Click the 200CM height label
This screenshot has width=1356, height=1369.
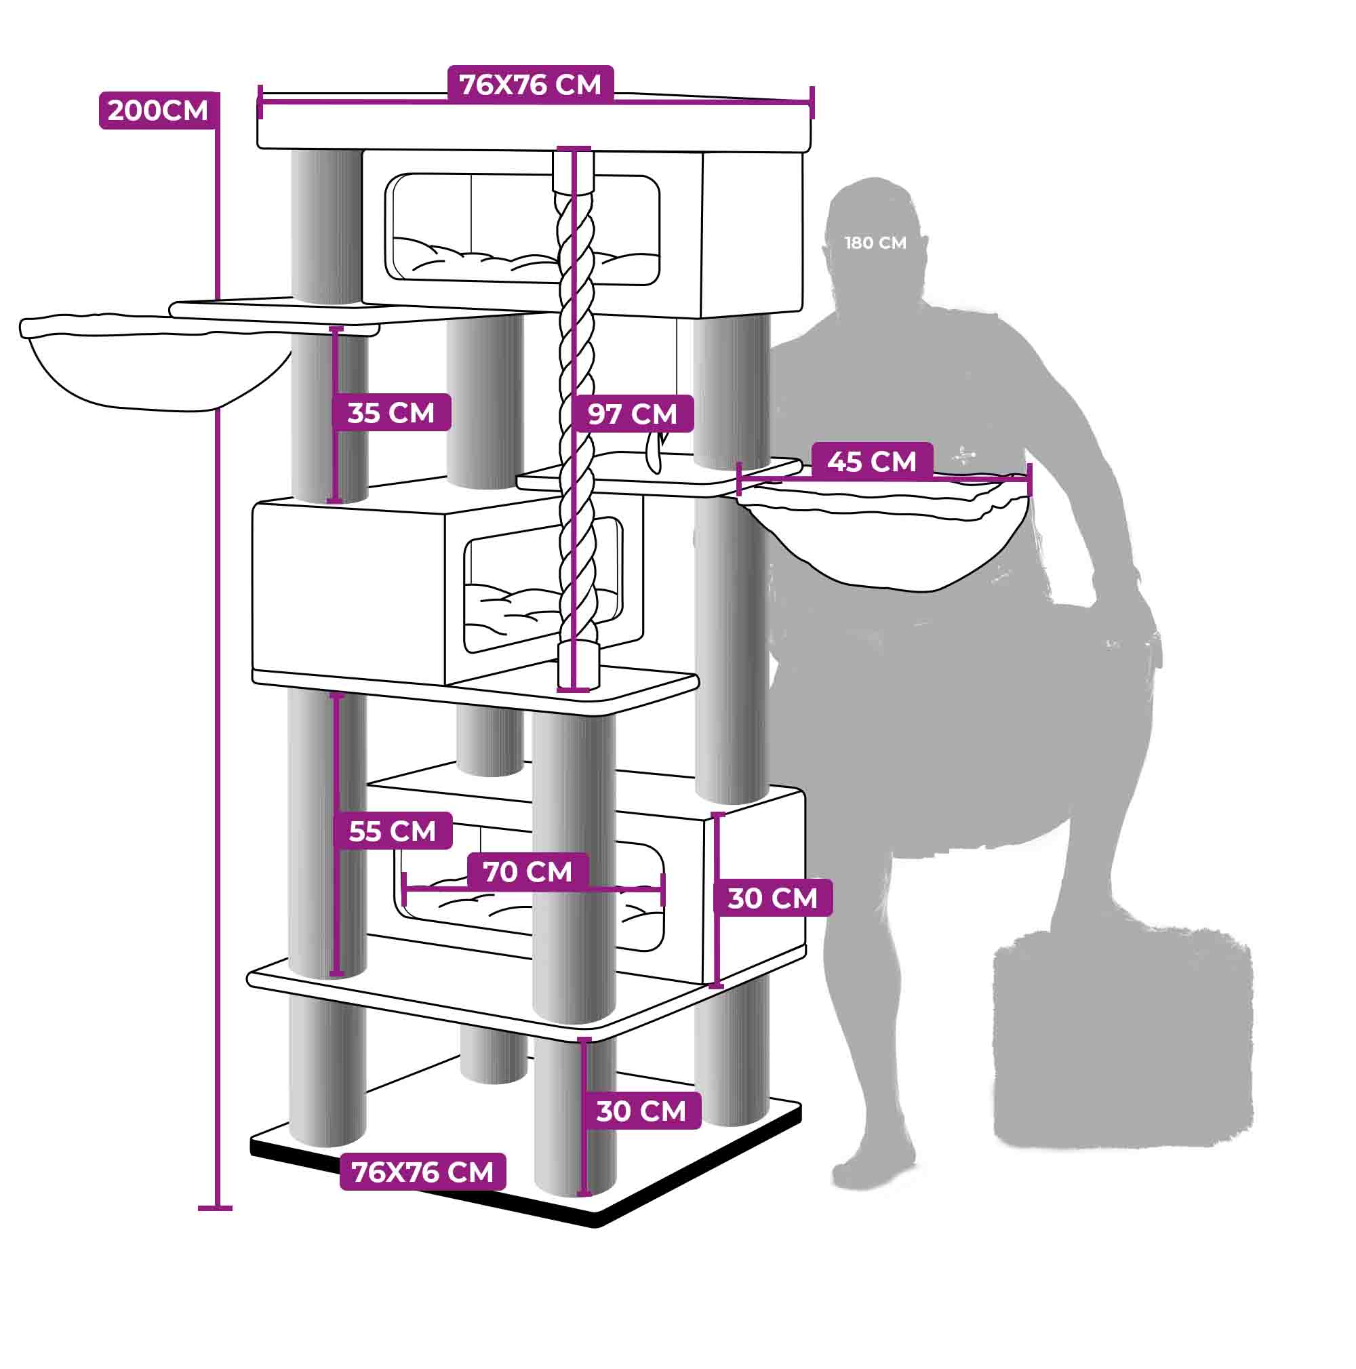coord(157,111)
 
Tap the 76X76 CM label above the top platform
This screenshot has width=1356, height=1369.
coord(530,85)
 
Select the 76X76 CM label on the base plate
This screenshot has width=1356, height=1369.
coord(422,1172)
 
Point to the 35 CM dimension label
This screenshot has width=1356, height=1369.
coord(391,412)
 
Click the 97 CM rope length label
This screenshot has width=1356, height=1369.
coord(632,414)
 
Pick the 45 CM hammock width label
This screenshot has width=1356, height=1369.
coord(871,461)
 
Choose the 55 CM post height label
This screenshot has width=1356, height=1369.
coord(393,831)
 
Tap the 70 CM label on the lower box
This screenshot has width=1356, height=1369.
coord(527,871)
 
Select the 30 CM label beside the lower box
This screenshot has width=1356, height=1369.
coord(772,898)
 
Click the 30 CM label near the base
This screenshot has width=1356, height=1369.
coord(641,1111)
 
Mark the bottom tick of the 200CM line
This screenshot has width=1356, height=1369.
coord(216,1208)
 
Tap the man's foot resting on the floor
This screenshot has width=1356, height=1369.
coord(871,1173)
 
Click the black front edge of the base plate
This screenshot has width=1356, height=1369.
coord(425,1197)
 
